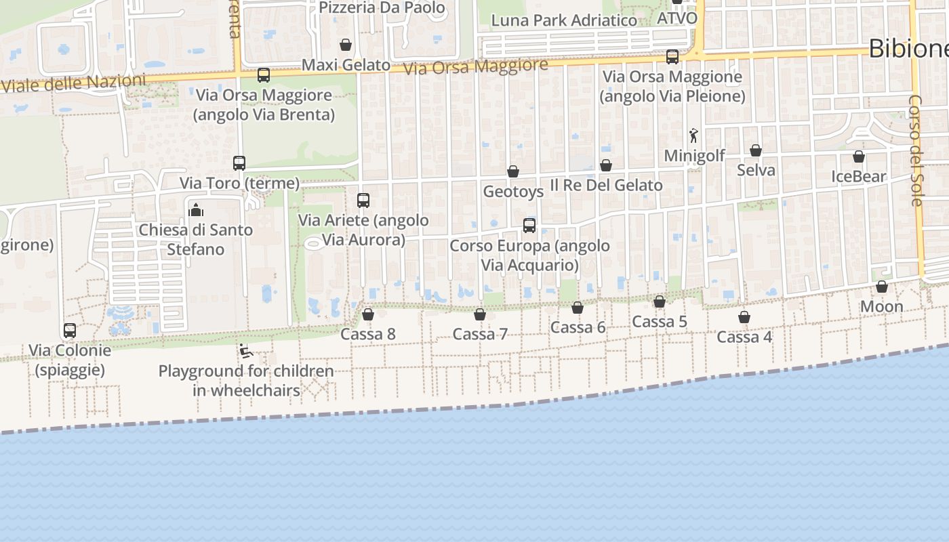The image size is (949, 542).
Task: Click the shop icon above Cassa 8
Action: [x=368, y=314]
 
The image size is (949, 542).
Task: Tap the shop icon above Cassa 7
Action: [x=480, y=314]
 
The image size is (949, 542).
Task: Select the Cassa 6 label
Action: [x=578, y=328]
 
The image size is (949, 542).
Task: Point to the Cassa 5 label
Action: [x=659, y=322]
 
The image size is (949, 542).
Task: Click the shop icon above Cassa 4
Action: [x=744, y=317]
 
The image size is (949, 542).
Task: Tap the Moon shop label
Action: [x=881, y=307]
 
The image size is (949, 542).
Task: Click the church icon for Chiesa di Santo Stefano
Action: [x=197, y=210]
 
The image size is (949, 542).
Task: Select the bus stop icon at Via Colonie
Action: [x=70, y=331]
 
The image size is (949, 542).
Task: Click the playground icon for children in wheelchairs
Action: [x=245, y=351]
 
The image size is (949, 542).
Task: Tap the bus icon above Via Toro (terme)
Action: [x=239, y=163]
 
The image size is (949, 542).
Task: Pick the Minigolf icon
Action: [x=693, y=136]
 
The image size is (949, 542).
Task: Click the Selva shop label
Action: [x=756, y=170]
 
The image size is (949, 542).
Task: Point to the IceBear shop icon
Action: [x=859, y=157]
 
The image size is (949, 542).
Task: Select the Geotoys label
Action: [x=513, y=192]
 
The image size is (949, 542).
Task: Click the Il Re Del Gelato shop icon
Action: [x=606, y=165]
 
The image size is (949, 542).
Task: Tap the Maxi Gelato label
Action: [x=346, y=65]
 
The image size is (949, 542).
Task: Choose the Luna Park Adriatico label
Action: [x=564, y=20]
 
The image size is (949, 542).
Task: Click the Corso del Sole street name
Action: [x=915, y=150]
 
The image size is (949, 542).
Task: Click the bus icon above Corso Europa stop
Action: [x=529, y=226]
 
